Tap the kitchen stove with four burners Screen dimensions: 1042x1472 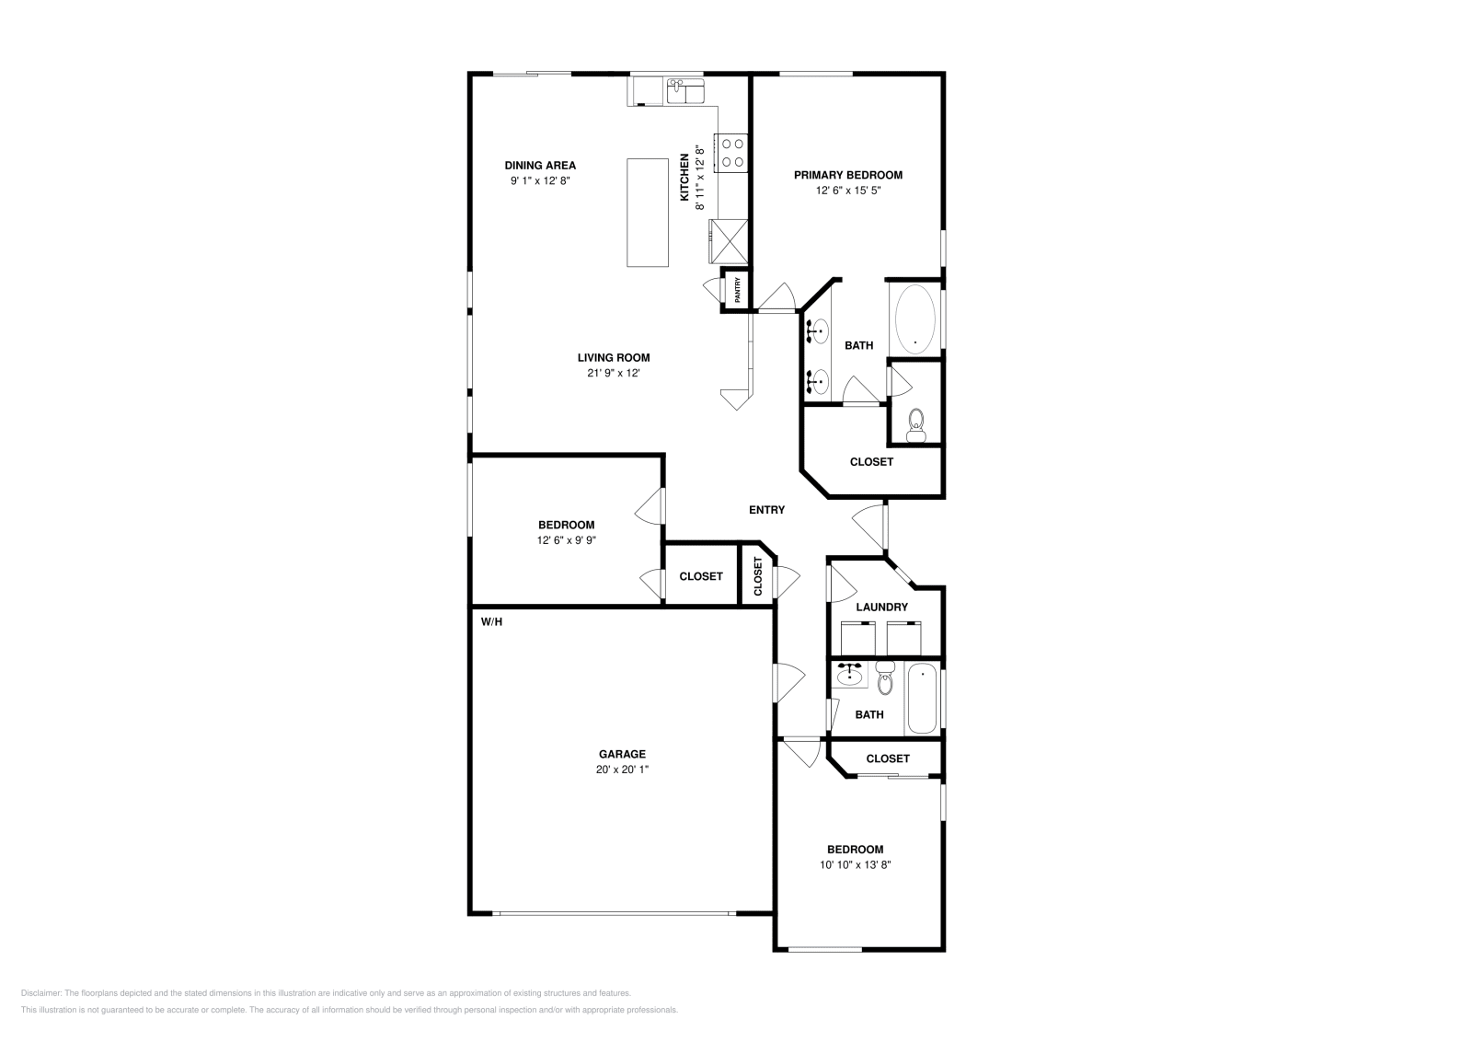point(733,153)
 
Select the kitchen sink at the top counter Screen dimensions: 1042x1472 point(684,91)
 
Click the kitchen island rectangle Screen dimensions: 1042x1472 point(648,213)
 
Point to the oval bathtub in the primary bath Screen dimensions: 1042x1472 point(914,318)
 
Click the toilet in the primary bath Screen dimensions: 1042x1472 point(916,423)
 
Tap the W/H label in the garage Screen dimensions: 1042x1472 point(492,621)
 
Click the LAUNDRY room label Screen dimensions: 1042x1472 point(881,607)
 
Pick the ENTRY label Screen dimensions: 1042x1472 point(766,510)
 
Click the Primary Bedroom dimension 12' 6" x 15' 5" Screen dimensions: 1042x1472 point(847,191)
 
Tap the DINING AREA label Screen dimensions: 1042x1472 point(540,166)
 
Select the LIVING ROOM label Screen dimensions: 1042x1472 point(614,358)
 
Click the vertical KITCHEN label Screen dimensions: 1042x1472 point(684,177)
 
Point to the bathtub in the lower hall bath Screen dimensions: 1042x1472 point(922,700)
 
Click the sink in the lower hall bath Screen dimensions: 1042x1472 point(849,677)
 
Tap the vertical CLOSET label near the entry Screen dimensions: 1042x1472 point(758,576)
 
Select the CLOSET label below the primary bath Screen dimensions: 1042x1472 point(871,461)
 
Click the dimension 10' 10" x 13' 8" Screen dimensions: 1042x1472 point(855,864)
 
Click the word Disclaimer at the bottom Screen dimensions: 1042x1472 point(40,993)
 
